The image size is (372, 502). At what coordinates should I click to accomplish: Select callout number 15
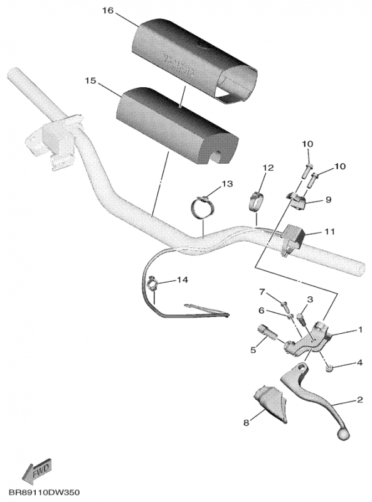(x=90, y=81)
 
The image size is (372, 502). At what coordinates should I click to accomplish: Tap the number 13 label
(x=226, y=184)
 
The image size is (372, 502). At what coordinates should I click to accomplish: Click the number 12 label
(x=268, y=168)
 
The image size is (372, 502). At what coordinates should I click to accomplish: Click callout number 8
(x=246, y=423)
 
